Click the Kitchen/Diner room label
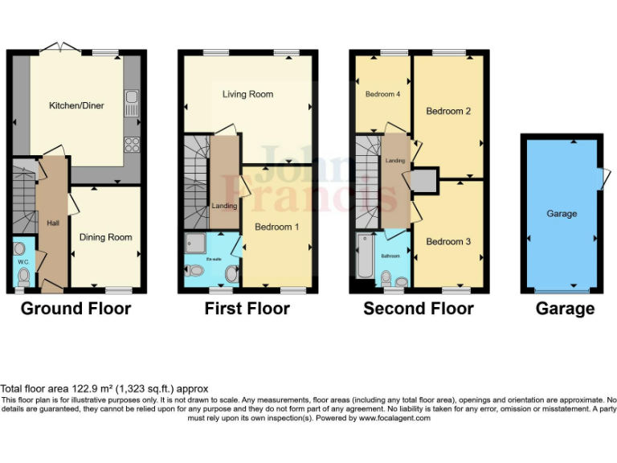[x=76, y=105]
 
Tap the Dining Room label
[x=105, y=237]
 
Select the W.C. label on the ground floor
[x=22, y=261]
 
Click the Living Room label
[x=247, y=94]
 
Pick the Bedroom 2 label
[x=448, y=111]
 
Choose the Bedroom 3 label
[x=448, y=242]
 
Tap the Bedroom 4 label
[x=382, y=94]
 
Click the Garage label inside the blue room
[x=562, y=214]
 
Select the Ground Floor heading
[x=76, y=309]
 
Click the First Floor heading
[x=247, y=309]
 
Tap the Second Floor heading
[x=419, y=309]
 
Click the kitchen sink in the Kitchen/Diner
[x=132, y=102]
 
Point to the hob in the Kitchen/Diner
[x=132, y=145]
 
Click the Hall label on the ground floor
[x=53, y=223]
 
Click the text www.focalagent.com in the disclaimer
[x=394, y=418]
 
